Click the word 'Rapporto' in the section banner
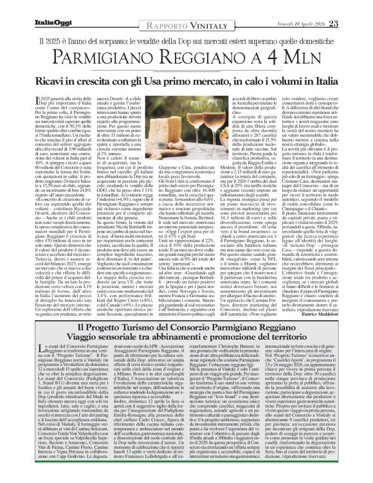[157, 6]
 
